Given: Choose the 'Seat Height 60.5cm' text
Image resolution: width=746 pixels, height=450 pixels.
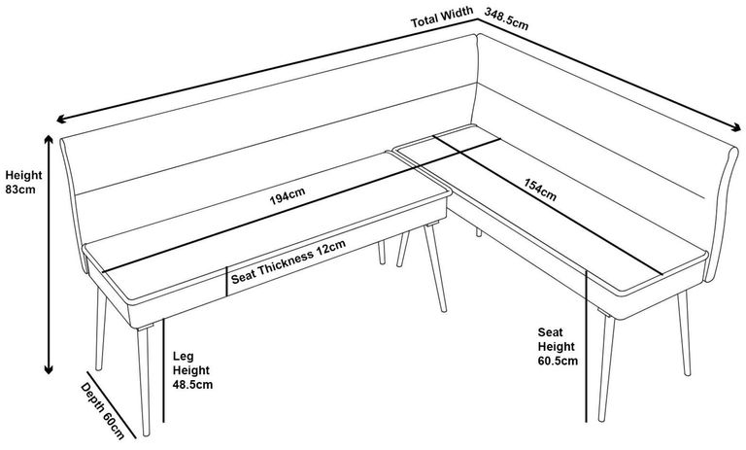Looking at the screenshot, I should [557, 346].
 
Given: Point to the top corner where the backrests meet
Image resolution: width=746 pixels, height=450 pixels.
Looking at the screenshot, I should [478, 35].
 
